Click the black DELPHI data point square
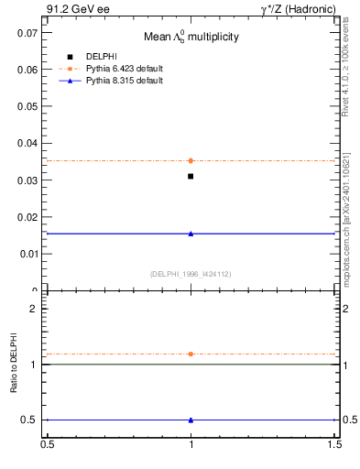coord(191,176)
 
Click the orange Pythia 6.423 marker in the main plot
coord(191,160)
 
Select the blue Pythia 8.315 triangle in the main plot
coord(191,234)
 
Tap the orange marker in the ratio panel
coord(191,354)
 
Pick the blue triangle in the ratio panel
coord(191,420)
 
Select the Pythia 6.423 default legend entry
coord(124,68)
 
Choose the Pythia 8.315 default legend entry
coord(124,81)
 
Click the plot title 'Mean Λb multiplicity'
coord(191,38)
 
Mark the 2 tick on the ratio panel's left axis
coord(34,309)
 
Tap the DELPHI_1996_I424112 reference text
coord(190,274)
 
